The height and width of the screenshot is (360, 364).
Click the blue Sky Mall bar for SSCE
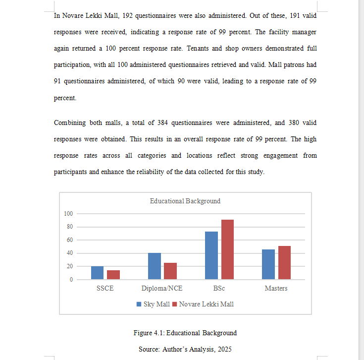point(98,273)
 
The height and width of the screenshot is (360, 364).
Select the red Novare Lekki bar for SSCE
point(113,275)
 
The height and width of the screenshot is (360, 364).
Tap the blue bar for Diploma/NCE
point(155,266)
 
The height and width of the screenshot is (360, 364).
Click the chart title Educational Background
point(185,201)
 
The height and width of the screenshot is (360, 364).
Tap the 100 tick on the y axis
point(68,214)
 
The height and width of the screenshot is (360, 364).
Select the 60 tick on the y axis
point(69,240)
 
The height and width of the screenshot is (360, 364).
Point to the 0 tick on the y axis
point(71,280)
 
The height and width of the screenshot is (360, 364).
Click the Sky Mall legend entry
point(153,304)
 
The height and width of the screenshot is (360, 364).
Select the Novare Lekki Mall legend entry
point(203,304)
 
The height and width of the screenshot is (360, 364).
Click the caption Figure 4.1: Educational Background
point(185,333)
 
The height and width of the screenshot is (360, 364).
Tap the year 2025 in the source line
point(223,349)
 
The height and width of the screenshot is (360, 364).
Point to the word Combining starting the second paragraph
point(69,123)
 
